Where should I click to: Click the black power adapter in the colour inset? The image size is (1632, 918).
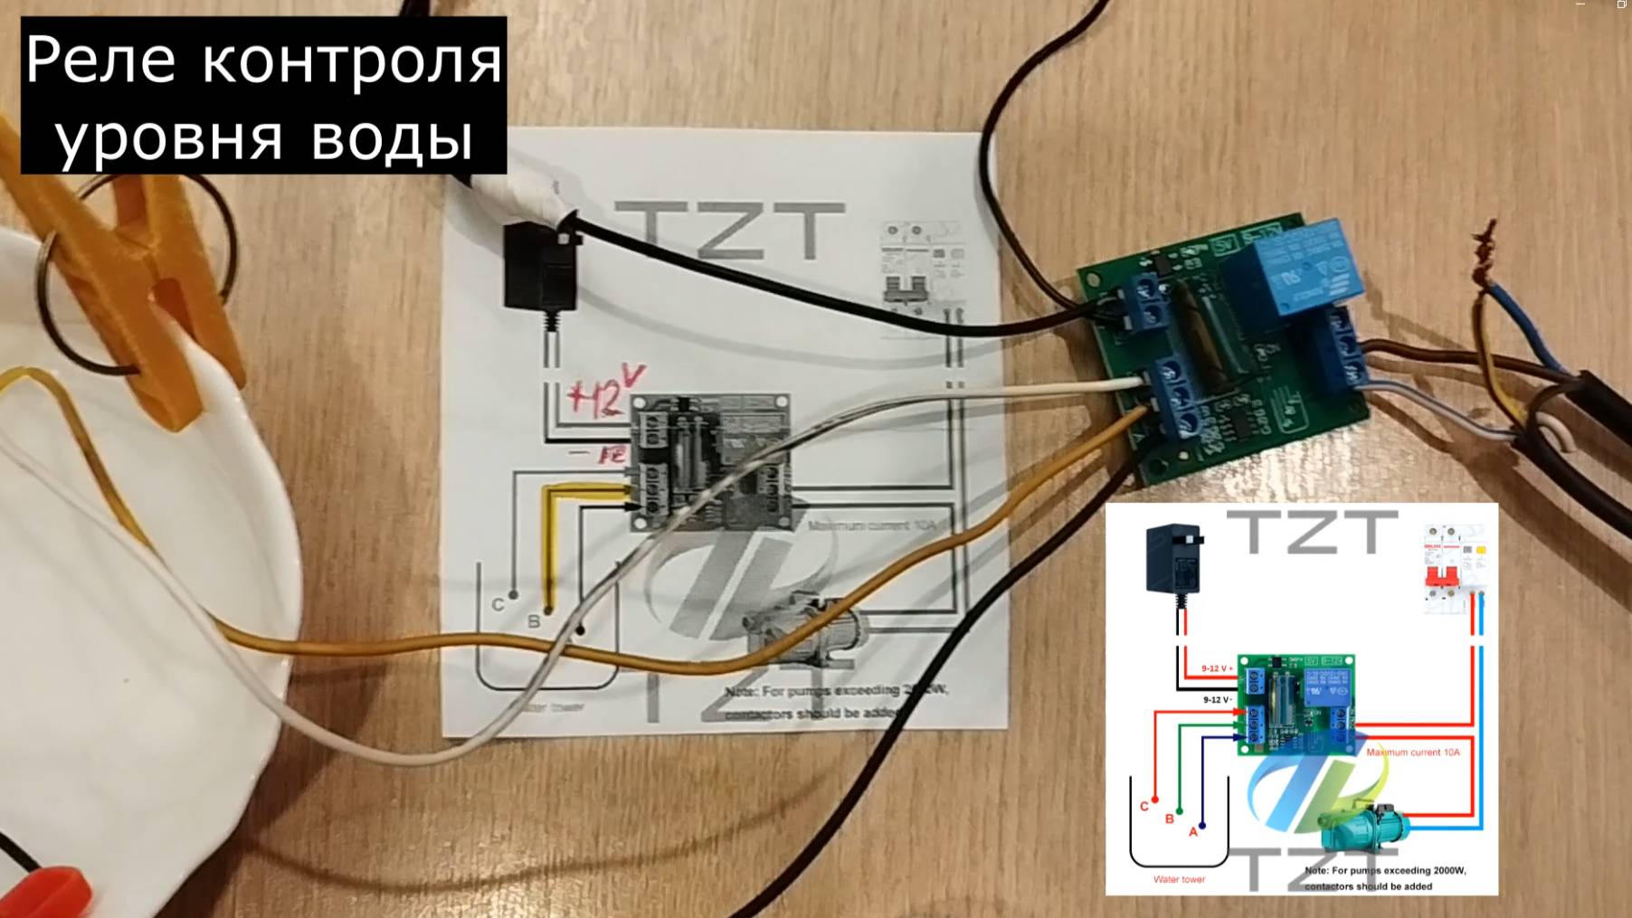click(1173, 560)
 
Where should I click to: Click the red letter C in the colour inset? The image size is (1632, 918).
click(1144, 806)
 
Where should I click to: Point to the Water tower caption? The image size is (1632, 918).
click(1179, 879)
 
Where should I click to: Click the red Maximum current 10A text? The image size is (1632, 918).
click(1412, 752)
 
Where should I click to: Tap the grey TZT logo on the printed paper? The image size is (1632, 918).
click(729, 231)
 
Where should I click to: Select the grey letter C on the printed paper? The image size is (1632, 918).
click(498, 604)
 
